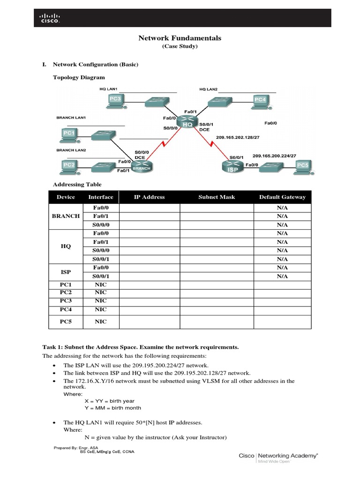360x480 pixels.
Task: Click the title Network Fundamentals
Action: coord(180,38)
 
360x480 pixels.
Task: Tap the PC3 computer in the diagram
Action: coord(115,100)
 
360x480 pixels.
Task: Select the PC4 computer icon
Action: coord(260,100)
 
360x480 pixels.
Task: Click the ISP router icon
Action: coord(232,166)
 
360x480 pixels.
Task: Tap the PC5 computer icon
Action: coord(302,166)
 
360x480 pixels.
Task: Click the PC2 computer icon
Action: coord(69,166)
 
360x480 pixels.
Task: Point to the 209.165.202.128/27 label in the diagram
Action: coord(238,137)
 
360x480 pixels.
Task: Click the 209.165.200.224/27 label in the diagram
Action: coord(274,156)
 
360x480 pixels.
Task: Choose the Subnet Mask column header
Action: coord(217,197)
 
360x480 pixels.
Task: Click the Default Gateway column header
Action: coord(282,197)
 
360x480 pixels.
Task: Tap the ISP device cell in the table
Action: coord(66,272)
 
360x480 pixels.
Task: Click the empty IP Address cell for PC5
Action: coord(149,322)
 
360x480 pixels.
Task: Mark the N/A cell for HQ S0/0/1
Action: coord(282,259)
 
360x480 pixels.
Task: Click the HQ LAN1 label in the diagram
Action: coord(108,89)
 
